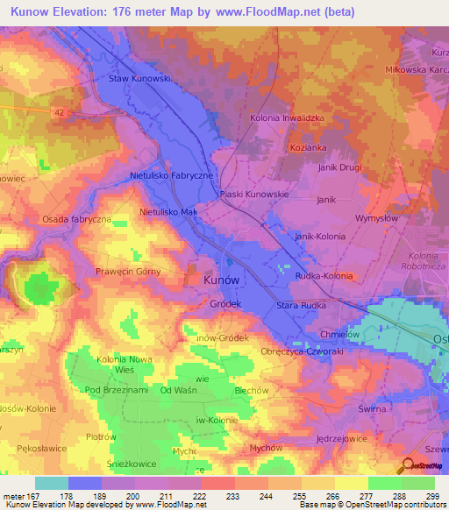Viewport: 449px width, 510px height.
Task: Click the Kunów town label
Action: (221, 279)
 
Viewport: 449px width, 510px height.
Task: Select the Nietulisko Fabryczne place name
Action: (172, 176)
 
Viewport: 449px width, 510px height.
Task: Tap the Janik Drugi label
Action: (340, 168)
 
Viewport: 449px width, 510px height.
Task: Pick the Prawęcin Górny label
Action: (130, 273)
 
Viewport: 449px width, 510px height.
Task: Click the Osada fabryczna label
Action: (76, 219)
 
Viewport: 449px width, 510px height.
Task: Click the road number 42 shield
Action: (59, 112)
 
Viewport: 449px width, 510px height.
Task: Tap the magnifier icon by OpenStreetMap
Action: (406, 466)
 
